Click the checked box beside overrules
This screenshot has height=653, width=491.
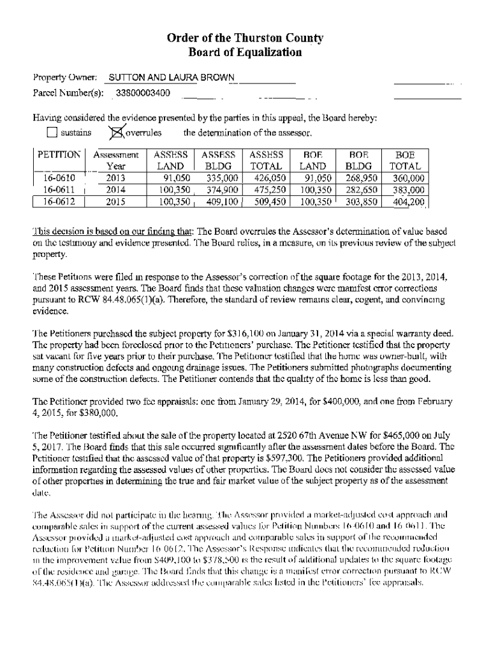[116, 133]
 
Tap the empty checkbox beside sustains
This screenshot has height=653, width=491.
[53, 133]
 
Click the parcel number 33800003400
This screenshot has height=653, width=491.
[143, 94]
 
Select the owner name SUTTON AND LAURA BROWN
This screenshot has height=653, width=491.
[172, 78]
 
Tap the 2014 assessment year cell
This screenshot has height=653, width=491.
[116, 190]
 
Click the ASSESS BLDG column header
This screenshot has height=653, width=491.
[219, 160]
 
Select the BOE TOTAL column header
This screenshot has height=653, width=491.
[405, 160]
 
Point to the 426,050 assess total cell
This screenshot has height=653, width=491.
[267, 179]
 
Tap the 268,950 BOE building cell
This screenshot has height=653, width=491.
[360, 179]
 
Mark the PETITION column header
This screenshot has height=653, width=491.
[59, 155]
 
